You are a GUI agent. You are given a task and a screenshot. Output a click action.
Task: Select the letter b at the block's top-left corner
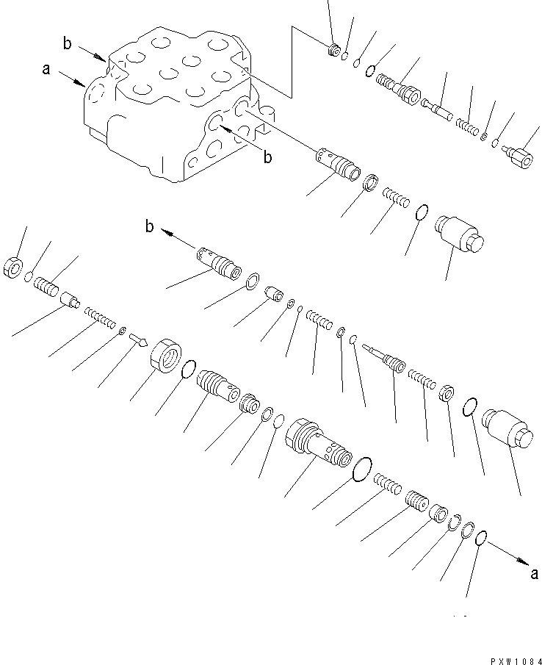(68, 45)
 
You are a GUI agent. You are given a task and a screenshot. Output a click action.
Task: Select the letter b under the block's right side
(267, 157)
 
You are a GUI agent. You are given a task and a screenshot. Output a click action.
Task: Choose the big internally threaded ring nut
(165, 357)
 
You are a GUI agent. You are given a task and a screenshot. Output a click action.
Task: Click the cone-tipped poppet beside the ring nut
(138, 339)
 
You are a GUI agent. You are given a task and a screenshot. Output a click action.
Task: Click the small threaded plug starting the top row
(333, 51)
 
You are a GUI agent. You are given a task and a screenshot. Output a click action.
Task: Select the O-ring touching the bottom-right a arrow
(480, 539)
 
